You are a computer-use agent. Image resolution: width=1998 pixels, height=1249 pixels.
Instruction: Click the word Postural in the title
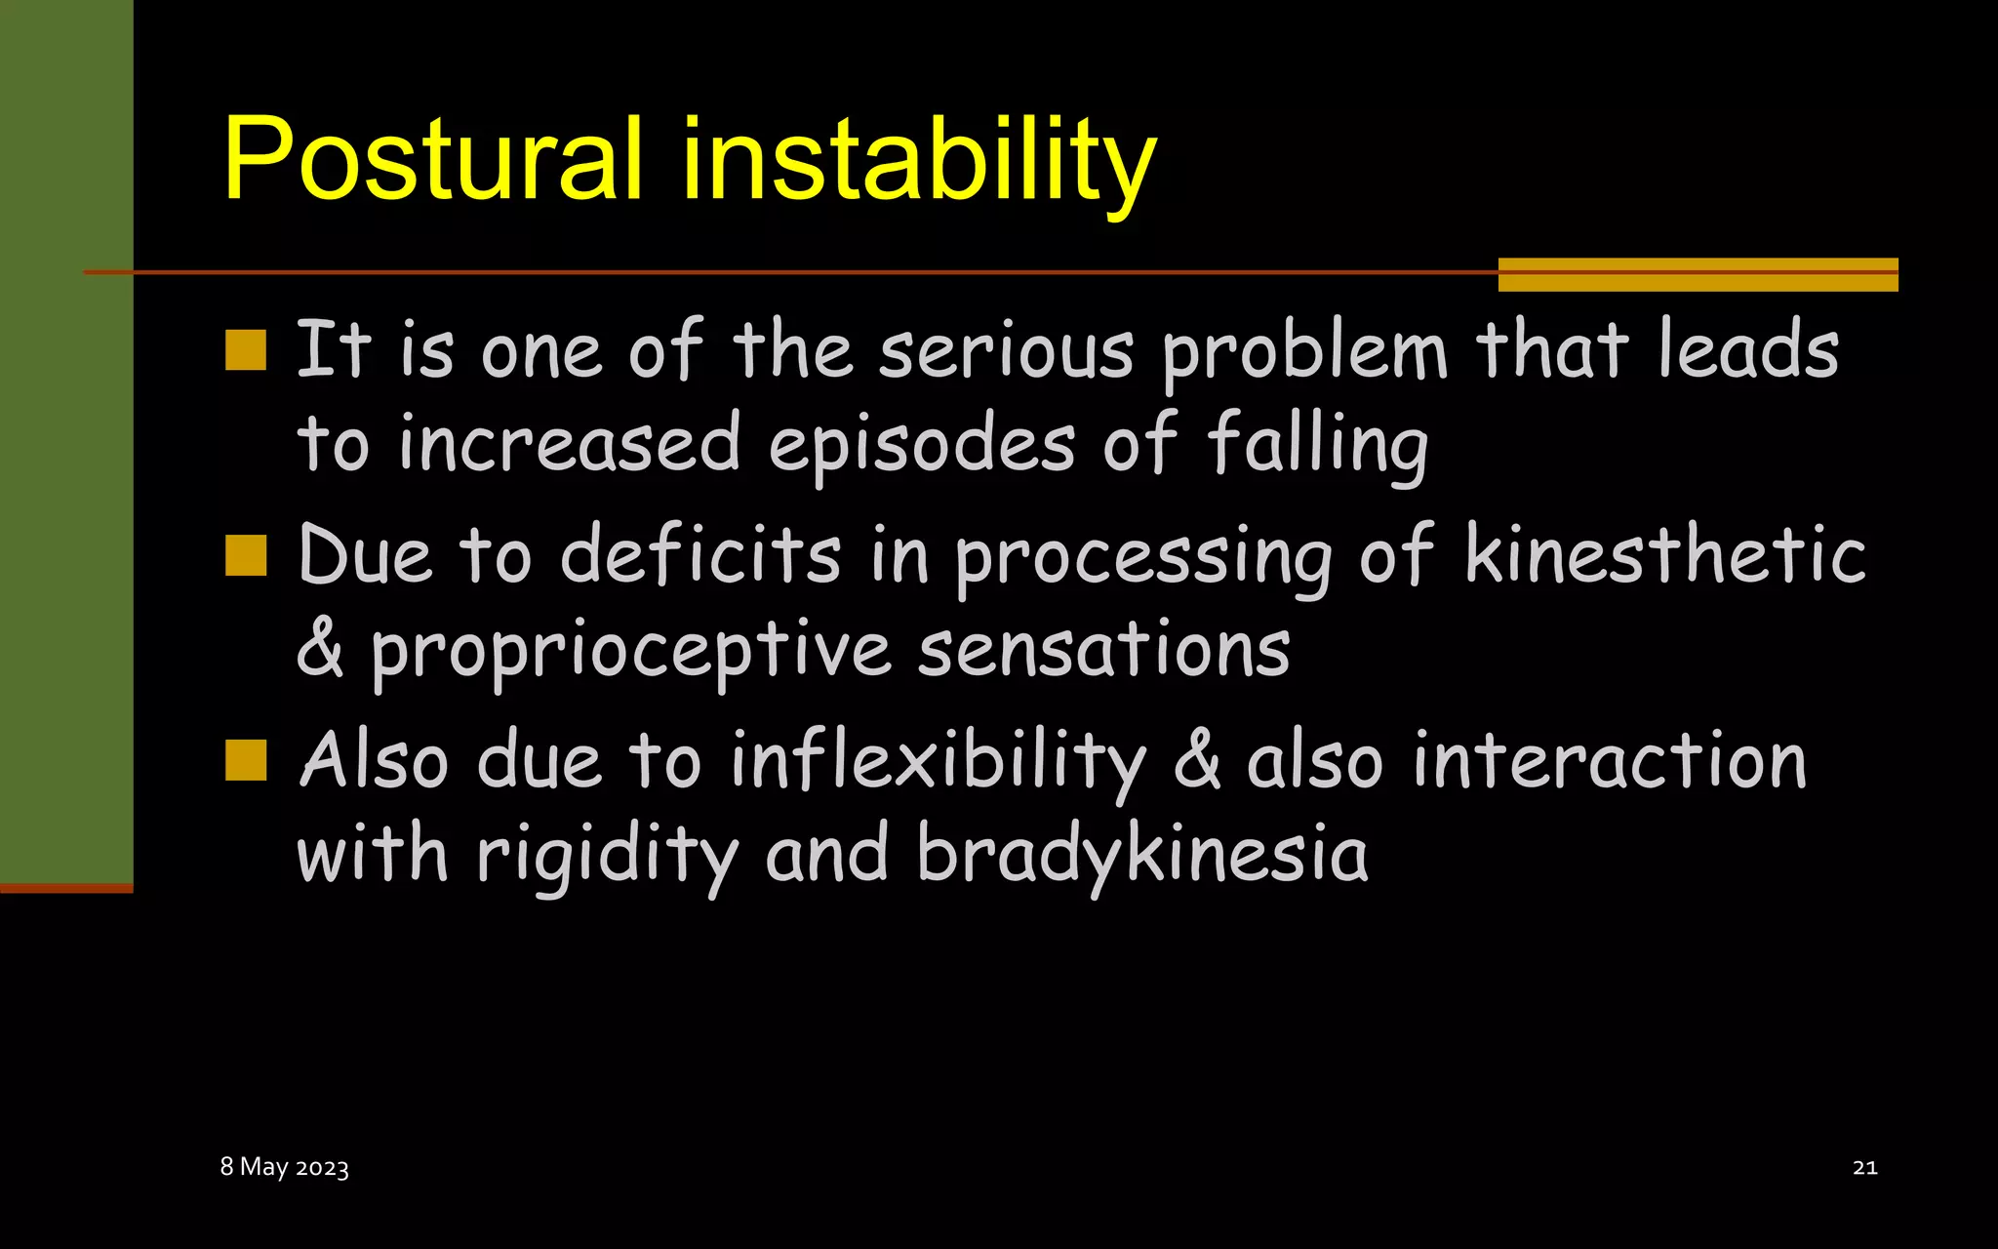coord(432,158)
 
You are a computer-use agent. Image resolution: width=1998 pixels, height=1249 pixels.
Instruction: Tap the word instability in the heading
coord(918,160)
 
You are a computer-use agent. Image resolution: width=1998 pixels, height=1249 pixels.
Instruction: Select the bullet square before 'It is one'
coord(246,350)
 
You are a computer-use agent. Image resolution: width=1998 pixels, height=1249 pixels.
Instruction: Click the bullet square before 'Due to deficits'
coord(246,555)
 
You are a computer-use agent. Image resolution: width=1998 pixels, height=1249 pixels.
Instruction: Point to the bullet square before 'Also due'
coord(246,760)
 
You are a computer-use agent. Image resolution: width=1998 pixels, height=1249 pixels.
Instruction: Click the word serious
coord(1006,351)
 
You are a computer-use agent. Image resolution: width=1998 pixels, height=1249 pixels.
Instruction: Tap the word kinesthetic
coord(1665,555)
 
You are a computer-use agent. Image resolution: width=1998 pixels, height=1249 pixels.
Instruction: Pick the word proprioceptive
coord(630,652)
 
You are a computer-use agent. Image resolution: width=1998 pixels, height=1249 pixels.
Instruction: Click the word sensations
coord(1103,650)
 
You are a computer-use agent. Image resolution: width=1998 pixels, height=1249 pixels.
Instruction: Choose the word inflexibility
coord(938,761)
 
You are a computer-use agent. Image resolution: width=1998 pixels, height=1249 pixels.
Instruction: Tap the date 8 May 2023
coord(284,1167)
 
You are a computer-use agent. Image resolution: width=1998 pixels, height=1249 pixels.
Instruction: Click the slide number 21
coord(1864,1167)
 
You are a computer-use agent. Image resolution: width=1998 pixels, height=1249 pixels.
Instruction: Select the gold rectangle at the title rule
coord(1698,274)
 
